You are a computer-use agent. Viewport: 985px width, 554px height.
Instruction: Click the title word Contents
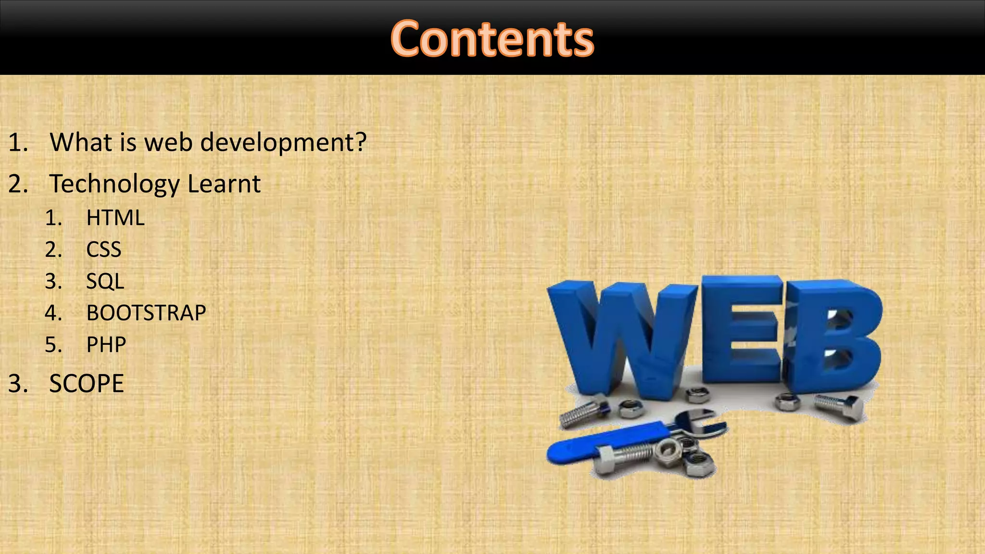(492, 38)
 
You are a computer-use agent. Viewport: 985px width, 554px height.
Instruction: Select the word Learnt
(224, 184)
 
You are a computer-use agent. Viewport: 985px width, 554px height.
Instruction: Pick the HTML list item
(115, 218)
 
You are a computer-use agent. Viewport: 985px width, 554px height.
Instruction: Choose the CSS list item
(103, 250)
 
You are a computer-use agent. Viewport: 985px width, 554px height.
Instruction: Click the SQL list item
(105, 281)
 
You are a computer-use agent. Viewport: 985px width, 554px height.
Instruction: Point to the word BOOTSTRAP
(146, 313)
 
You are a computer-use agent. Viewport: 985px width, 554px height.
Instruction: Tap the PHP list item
(106, 345)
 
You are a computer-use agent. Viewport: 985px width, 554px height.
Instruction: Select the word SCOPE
(87, 384)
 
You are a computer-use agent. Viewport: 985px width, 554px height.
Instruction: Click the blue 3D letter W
(620, 337)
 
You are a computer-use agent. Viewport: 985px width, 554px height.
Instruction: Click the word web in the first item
(169, 142)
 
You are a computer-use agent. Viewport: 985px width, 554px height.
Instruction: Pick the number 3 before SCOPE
(17, 384)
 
